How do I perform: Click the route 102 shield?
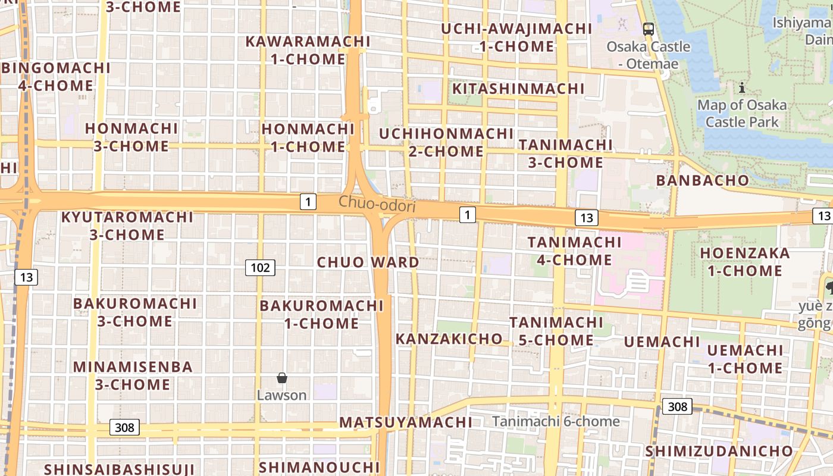260,268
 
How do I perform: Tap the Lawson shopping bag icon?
282,378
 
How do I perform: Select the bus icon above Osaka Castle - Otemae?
649,29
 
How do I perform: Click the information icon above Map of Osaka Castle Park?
741,89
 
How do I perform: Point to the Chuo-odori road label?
377,203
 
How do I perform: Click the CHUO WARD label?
368,262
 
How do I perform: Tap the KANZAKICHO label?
449,339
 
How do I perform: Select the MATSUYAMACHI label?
406,422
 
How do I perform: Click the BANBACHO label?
702,180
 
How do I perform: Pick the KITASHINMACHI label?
518,89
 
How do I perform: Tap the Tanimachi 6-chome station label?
556,421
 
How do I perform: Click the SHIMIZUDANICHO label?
719,451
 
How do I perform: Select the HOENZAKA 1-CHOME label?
744,262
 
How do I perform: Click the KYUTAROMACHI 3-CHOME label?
127,226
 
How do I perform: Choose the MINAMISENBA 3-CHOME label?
133,375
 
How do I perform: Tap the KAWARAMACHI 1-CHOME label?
308,50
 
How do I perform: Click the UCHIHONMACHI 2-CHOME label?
446,142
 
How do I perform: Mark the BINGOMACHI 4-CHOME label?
56,77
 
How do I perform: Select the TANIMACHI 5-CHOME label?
556,331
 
